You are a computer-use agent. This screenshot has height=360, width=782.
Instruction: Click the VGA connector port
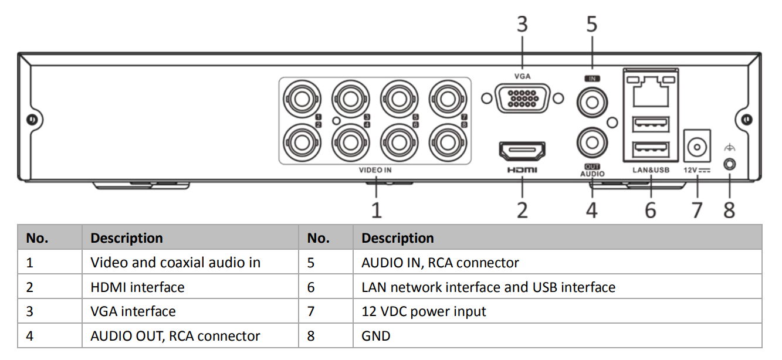(522, 98)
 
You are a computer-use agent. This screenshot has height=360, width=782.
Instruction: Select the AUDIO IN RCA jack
(591, 103)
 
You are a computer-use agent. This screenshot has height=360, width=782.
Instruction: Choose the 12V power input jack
(698, 145)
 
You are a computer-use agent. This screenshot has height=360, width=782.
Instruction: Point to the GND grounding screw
(729, 164)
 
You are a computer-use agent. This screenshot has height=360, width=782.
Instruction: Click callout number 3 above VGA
(522, 25)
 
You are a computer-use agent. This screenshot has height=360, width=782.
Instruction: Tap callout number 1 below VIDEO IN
(376, 209)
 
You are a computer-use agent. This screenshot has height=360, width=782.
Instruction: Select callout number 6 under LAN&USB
(650, 209)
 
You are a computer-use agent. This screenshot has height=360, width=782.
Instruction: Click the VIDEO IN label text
(375, 171)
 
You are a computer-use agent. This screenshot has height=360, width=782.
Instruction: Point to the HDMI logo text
(522, 171)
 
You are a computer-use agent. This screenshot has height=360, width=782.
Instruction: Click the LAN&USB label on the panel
(651, 171)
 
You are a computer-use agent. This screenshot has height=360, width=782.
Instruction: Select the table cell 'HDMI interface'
(137, 287)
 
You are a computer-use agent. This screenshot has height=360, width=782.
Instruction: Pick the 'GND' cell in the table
(375, 336)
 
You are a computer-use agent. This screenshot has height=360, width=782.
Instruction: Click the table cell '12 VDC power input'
(424, 311)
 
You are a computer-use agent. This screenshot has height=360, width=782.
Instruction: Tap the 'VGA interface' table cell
(133, 311)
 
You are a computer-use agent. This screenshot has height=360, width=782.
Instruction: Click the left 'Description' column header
(126, 238)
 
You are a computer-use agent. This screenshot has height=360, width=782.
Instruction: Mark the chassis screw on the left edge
(32, 120)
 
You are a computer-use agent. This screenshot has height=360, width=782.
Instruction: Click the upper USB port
(651, 124)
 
